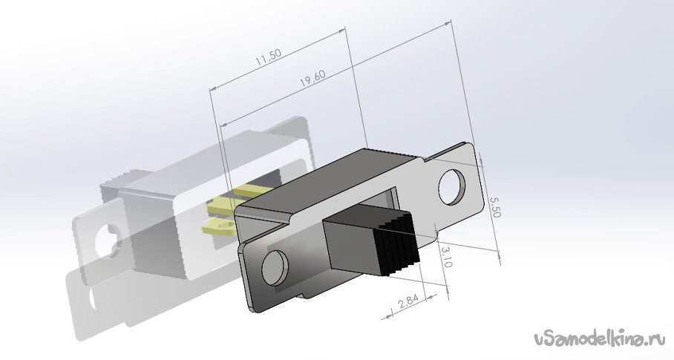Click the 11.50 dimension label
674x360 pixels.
click(268, 57)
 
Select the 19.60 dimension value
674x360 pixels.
click(313, 78)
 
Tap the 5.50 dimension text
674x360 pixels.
click(494, 206)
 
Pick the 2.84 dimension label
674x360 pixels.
click(408, 301)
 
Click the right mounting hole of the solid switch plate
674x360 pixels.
click(452, 186)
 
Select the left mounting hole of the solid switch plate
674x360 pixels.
click(275, 267)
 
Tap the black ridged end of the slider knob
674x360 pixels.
click(396, 244)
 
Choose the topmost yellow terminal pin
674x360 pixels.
click(253, 190)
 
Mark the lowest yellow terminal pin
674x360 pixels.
click(218, 226)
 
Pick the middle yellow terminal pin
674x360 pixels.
click(223, 206)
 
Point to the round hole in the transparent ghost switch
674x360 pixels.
click(108, 241)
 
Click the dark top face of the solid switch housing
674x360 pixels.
click(327, 175)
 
